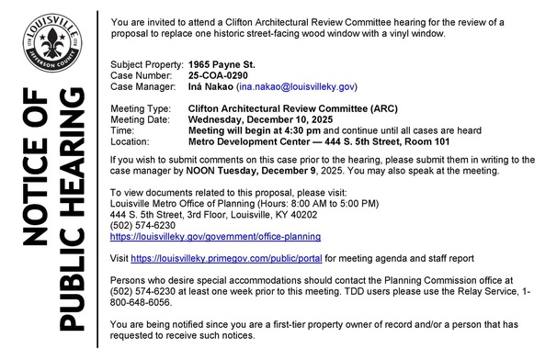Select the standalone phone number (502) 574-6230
[x=137, y=224]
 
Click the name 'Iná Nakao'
[x=210, y=85]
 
